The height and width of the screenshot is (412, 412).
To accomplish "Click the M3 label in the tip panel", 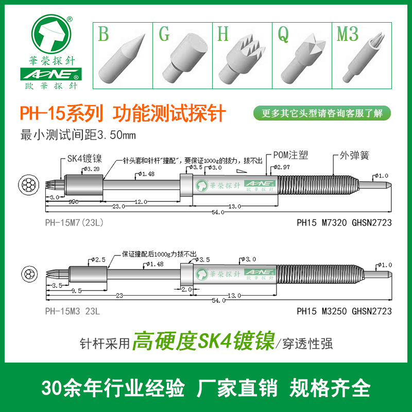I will click(x=347, y=35).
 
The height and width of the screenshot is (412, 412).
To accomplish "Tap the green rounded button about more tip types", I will click(x=322, y=113).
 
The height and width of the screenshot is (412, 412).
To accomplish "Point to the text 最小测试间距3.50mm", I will click(x=77, y=135).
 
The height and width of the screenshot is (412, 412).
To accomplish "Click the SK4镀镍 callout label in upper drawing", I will click(x=84, y=159).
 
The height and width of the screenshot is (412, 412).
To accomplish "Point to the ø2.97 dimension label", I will click(x=283, y=167).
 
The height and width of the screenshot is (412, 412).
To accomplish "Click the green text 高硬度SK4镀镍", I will click(x=204, y=341).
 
